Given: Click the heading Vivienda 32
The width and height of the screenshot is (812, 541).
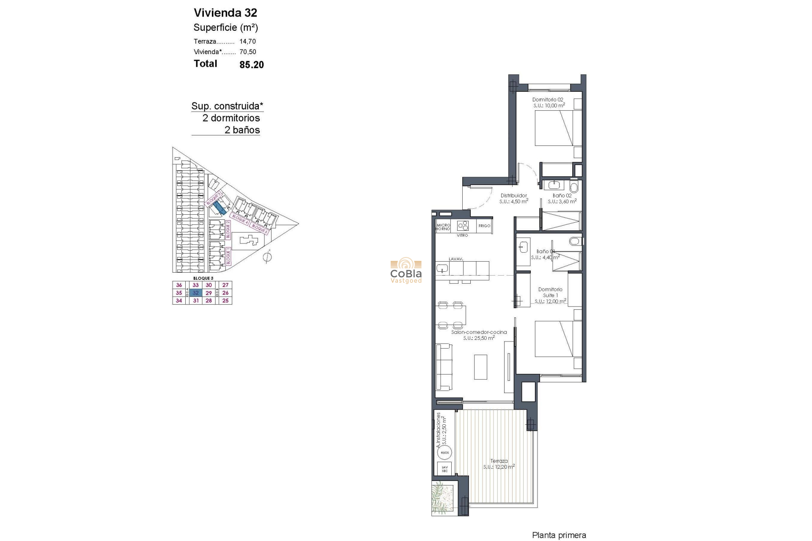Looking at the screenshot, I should point(225,13).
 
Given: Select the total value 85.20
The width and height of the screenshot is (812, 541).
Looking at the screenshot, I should point(251,65).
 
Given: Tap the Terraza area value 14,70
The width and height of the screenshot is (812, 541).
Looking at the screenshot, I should point(247,41).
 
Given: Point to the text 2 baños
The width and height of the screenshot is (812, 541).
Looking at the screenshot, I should point(242,130).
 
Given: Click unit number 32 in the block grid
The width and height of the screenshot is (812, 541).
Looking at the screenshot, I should point(195,293).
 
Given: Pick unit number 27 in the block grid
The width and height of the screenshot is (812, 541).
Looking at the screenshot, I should point(225,285).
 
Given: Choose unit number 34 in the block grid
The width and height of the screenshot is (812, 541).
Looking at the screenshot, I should point(179,301).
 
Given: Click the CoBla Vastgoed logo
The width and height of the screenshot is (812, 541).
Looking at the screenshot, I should point(406,270).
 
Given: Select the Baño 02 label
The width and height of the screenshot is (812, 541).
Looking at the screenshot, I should point(562,196).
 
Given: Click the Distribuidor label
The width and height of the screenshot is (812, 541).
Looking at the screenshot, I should point(513,196).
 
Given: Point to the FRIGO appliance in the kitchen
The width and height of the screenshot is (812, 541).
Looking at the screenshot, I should point(484,226).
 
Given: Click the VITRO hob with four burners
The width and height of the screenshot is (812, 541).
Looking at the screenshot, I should point(463,226).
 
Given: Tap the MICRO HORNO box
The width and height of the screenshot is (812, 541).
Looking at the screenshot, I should point(443,227).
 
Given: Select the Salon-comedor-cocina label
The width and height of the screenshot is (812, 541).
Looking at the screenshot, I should point(479,332).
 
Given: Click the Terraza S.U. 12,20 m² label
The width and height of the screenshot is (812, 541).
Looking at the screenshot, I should point(499,464).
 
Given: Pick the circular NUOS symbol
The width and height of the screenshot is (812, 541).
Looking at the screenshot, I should point(444,453).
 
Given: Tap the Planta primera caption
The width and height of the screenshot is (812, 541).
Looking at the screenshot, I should point(559,536).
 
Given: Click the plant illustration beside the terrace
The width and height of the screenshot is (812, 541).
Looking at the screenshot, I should point(442,497).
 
